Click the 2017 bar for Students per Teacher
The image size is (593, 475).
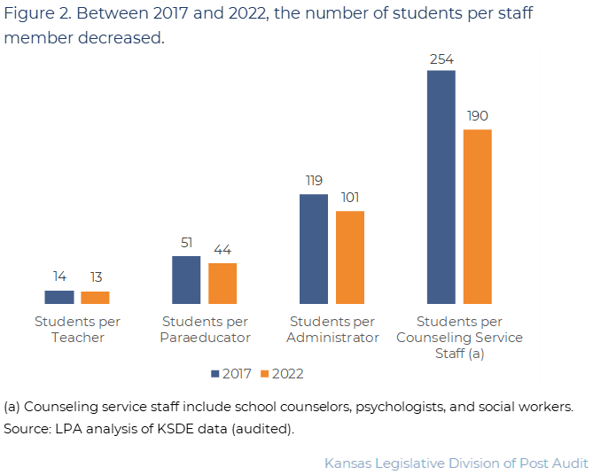click(x=59, y=297)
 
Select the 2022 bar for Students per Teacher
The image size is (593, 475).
click(x=95, y=298)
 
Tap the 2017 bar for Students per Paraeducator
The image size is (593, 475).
click(x=186, y=280)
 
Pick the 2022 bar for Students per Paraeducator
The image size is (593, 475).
click(x=222, y=284)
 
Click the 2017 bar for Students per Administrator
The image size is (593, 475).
click(x=314, y=249)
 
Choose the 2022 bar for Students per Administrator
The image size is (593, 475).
click(x=350, y=257)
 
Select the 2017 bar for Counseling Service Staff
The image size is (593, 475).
click(x=441, y=187)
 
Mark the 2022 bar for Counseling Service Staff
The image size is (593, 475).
click(x=477, y=216)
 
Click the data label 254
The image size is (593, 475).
click(x=441, y=58)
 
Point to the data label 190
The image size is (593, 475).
click(x=477, y=116)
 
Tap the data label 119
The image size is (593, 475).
click(x=314, y=181)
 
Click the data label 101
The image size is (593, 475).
click(x=349, y=198)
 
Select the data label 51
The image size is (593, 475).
click(x=186, y=244)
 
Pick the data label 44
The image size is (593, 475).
click(x=222, y=251)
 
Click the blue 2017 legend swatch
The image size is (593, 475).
click(x=215, y=374)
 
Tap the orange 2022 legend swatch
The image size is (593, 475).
click(x=265, y=374)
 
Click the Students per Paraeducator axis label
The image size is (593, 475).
click(x=205, y=329)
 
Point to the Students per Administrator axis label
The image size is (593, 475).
click(x=332, y=329)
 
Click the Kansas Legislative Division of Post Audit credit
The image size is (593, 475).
click(x=456, y=463)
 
